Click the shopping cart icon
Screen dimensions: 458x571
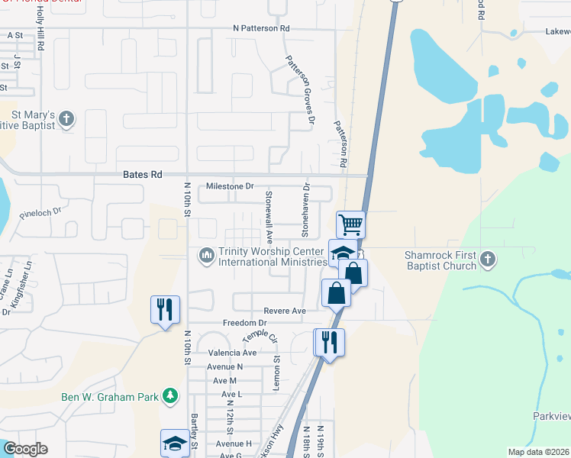(350, 224)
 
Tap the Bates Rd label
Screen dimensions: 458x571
(143, 175)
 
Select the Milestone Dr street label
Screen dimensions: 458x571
(230, 186)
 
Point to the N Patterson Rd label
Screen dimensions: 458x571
(262, 28)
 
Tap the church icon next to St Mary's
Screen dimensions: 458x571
(67, 119)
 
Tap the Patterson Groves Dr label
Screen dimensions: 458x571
(299, 90)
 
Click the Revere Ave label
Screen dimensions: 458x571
(284, 311)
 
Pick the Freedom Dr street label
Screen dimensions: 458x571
(244, 323)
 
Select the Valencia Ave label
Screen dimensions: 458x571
(232, 353)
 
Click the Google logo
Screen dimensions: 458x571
(25, 449)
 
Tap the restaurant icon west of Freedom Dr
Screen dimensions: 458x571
(165, 309)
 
